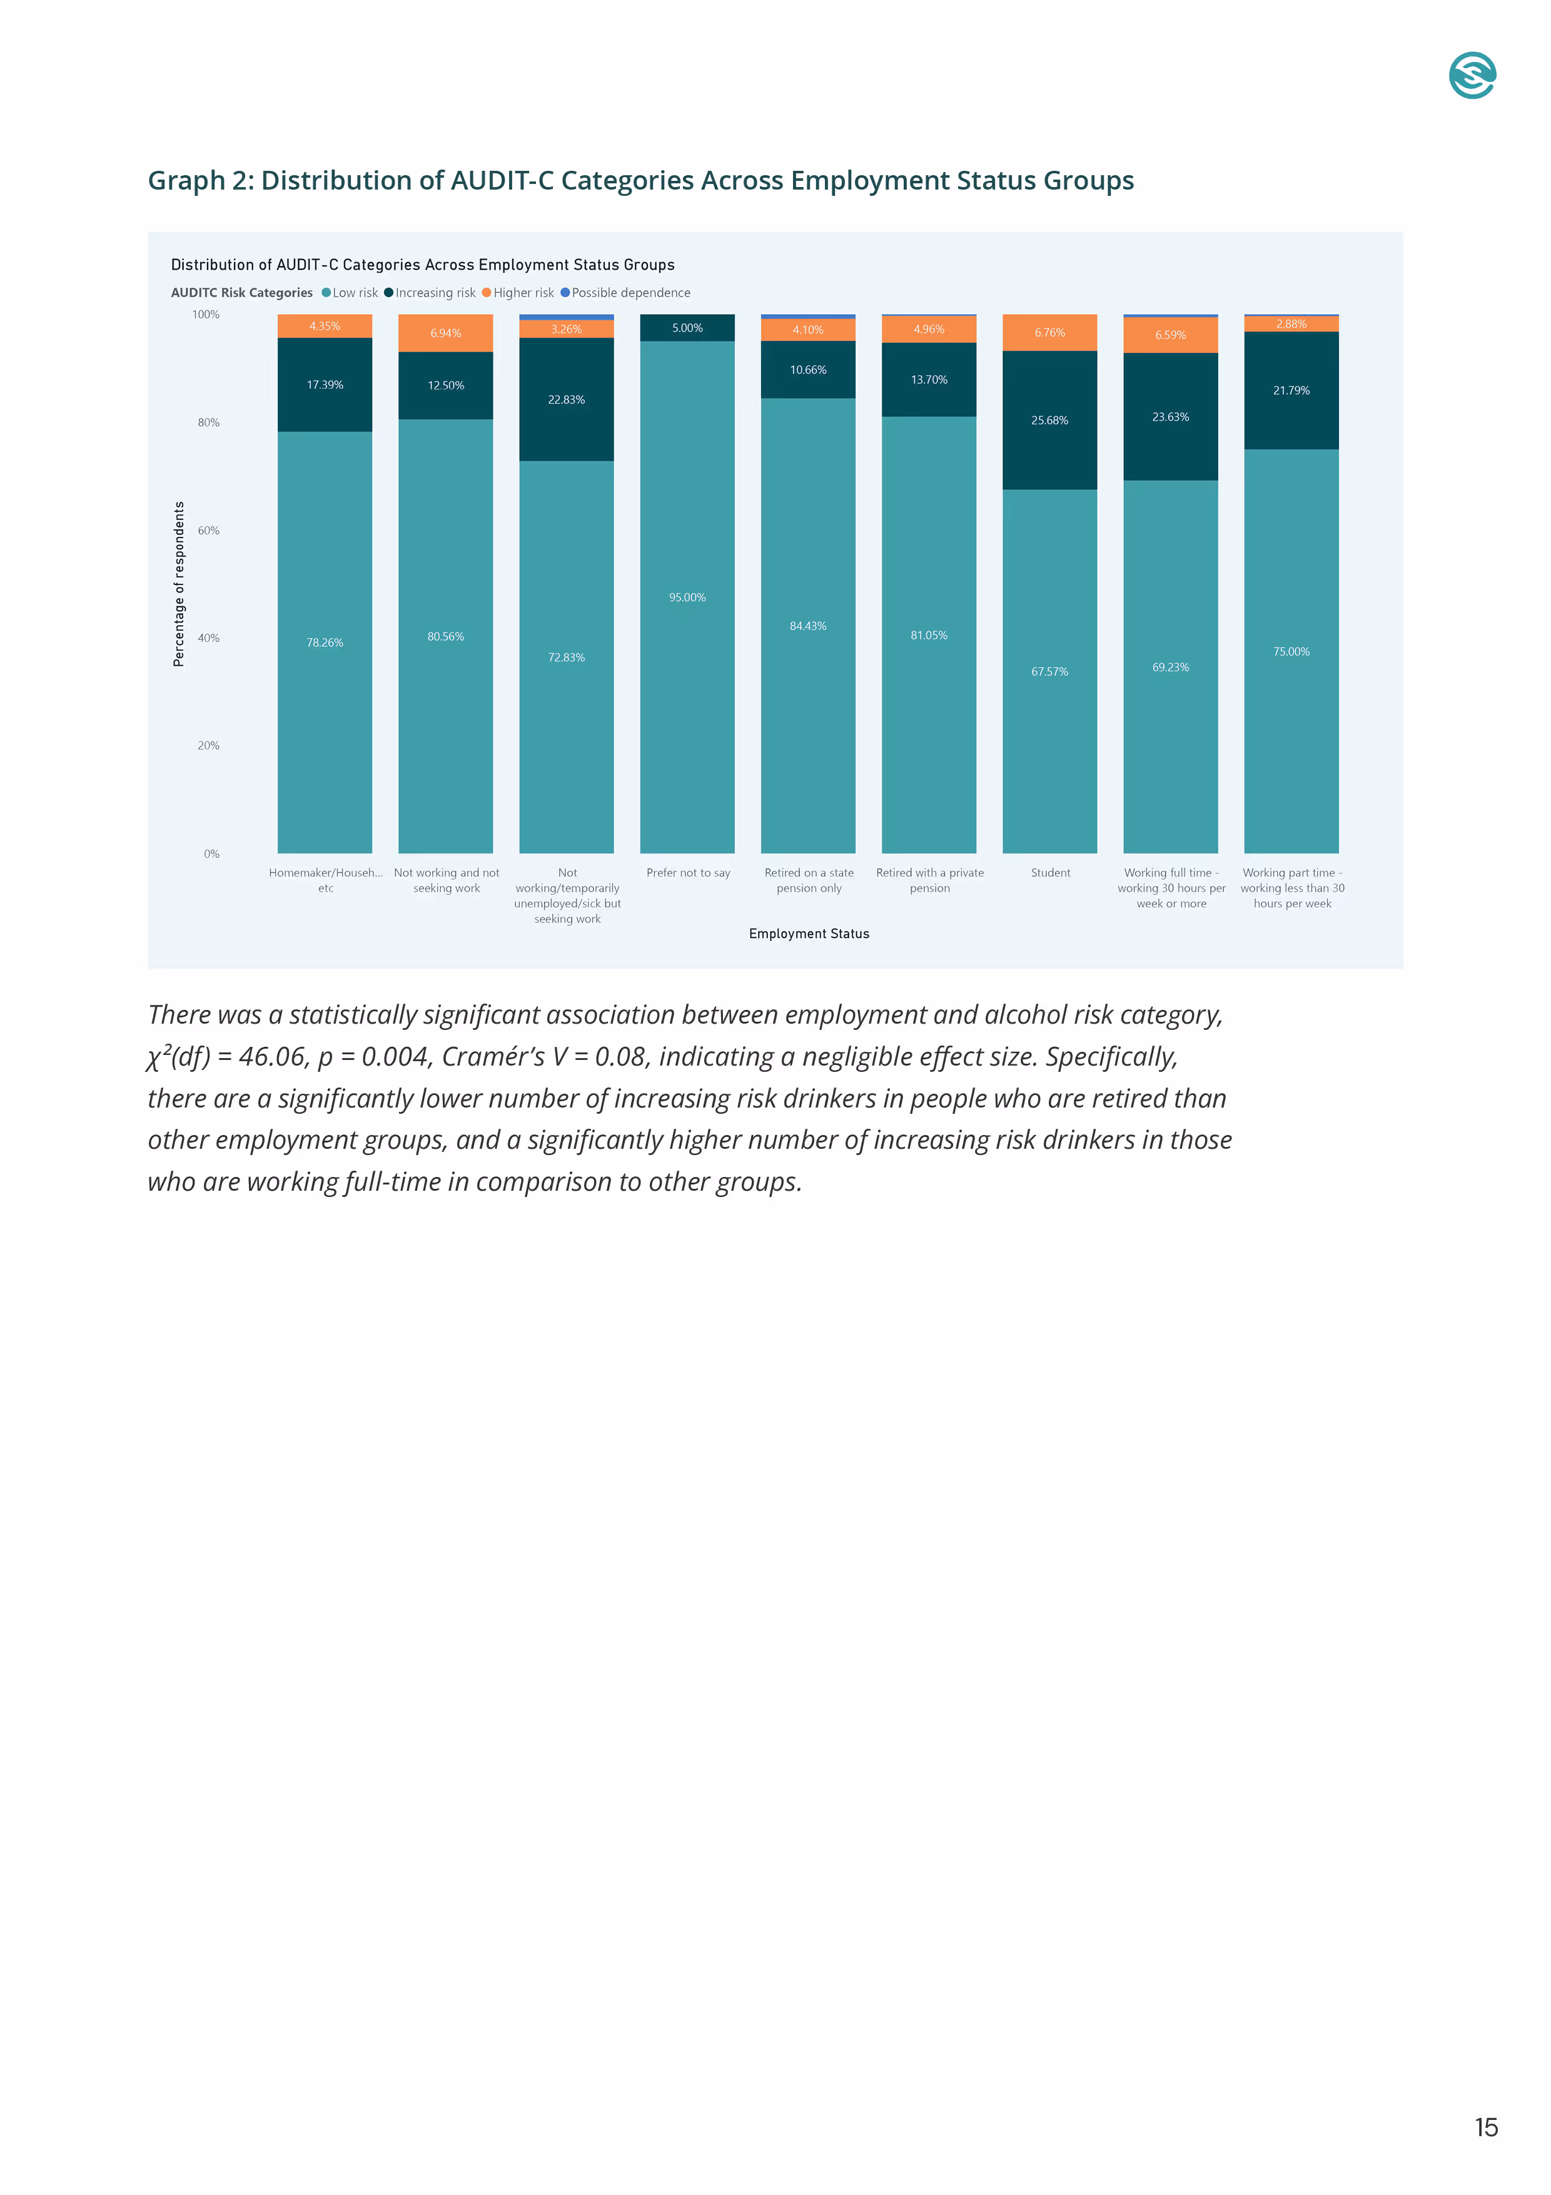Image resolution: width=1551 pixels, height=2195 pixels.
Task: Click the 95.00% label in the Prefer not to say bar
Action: point(687,598)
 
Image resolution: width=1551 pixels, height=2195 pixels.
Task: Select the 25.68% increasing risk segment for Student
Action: point(1049,420)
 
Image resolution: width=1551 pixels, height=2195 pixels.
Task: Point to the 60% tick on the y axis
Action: point(208,531)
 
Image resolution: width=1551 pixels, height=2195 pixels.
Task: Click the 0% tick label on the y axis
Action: point(211,853)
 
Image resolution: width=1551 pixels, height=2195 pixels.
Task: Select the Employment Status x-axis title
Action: point(809,934)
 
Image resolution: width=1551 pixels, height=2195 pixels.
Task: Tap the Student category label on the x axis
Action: point(1050,873)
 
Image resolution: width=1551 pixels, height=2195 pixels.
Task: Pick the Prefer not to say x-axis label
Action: point(688,873)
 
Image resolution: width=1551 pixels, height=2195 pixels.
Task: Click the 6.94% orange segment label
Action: point(445,334)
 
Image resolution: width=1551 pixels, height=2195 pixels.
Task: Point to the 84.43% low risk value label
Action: point(807,626)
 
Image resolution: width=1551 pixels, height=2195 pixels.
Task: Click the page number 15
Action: point(1486,2127)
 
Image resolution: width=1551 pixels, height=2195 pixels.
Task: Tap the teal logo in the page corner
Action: point(1472,76)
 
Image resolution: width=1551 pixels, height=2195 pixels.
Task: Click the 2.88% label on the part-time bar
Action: point(1291,324)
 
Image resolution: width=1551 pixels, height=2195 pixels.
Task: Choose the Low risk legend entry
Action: point(353,293)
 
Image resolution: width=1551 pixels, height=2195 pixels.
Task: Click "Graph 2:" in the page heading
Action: point(201,181)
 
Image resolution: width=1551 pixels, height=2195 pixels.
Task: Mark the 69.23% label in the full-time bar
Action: point(1171,667)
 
